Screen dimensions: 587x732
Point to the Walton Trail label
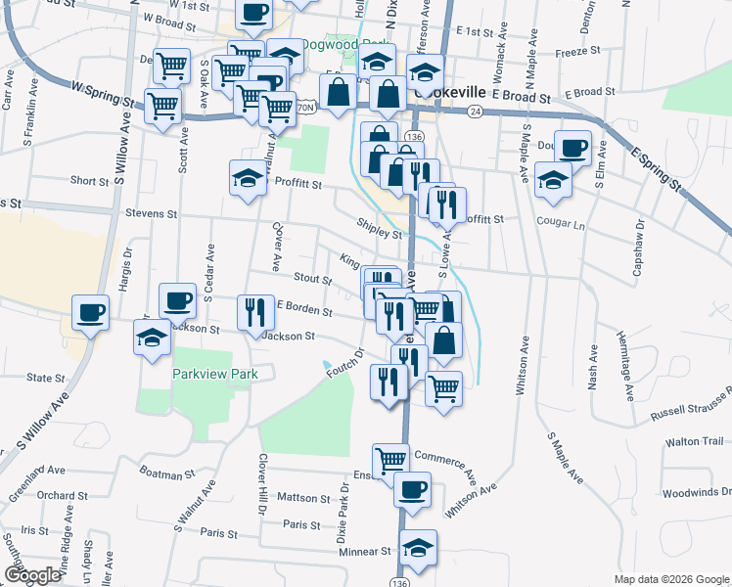[x=694, y=442]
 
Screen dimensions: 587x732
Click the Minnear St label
[x=365, y=552]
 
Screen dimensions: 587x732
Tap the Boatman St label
[x=168, y=474]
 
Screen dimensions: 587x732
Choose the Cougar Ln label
[x=560, y=222]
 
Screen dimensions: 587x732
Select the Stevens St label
[x=150, y=213]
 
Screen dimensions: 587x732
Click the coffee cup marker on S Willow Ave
[x=90, y=312]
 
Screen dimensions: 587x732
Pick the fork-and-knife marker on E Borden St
[x=255, y=312]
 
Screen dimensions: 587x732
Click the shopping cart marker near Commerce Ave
[x=390, y=458]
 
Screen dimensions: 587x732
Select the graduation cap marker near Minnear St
[x=419, y=547]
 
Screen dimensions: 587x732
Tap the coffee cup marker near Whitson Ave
[x=412, y=487]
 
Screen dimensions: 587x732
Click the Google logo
[x=32, y=575]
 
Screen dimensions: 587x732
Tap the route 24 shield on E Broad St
[x=475, y=113]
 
